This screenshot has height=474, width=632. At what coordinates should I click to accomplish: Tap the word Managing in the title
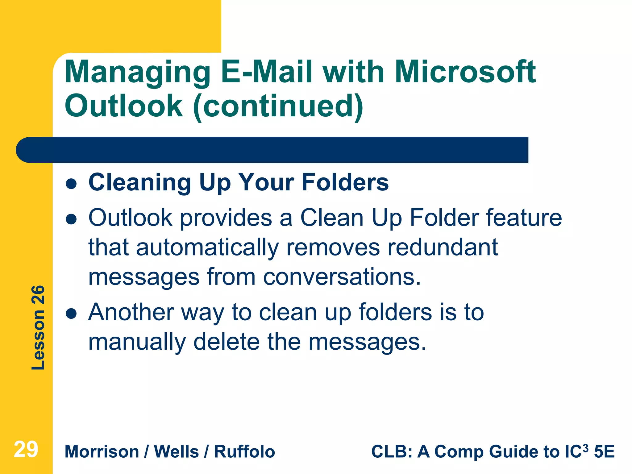coord(138,73)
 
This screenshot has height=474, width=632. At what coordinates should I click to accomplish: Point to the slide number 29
coord(26,450)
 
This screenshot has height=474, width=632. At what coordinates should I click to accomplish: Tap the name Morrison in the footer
coord(102,451)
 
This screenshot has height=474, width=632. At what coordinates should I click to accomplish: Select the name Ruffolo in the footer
coord(244,451)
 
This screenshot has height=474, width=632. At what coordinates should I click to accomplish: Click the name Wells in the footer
coord(176,451)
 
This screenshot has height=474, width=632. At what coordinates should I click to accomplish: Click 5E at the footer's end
coord(604,451)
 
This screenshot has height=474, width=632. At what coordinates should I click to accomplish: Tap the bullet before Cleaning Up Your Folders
coord(71,184)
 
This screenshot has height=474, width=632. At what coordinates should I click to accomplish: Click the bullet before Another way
coord(71,314)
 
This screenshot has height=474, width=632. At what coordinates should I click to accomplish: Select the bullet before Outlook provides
coord(71,219)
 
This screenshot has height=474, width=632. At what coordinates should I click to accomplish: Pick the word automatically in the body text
coord(207,248)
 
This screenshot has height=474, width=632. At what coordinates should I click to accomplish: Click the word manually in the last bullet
coord(137,342)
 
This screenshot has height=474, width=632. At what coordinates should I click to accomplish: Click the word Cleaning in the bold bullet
coord(140,183)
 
